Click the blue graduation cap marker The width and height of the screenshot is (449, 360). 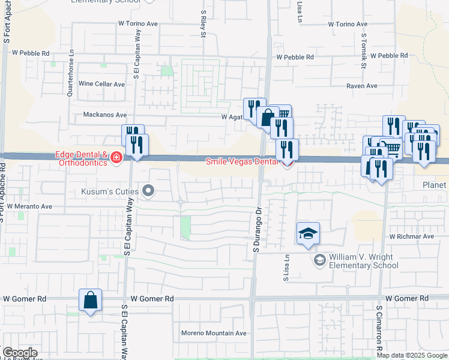[x=308, y=233]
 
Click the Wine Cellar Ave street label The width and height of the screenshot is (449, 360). [x=101, y=84]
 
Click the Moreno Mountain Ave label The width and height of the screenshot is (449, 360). [x=214, y=333]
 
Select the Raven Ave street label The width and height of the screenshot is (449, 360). [x=361, y=86]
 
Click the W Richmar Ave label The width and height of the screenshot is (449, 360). [x=411, y=236]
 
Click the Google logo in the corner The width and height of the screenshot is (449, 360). [x=20, y=353]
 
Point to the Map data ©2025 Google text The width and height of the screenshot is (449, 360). [x=412, y=355]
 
